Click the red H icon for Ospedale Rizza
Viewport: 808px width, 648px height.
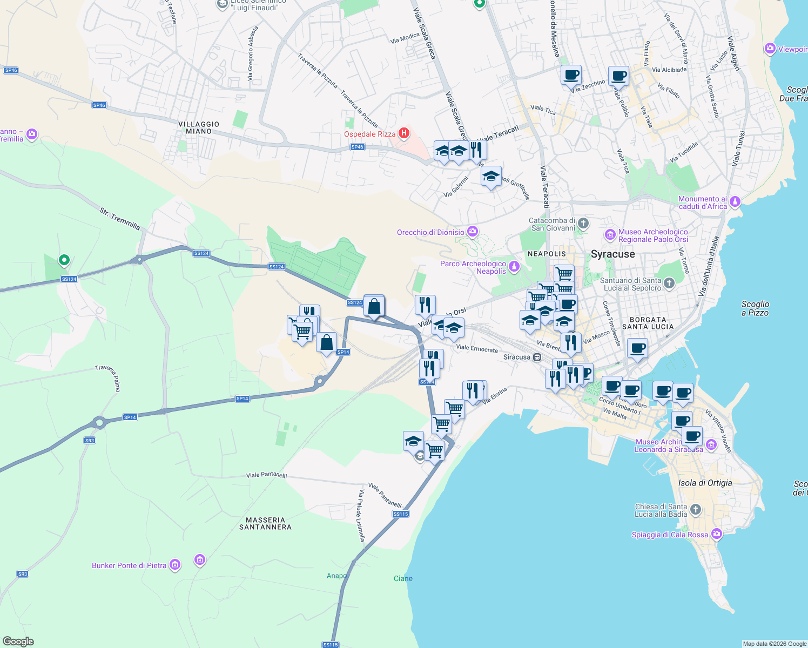pyautogui.click(x=403, y=133)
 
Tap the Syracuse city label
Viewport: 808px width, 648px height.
pyautogui.click(x=613, y=254)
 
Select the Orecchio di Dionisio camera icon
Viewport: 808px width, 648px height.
pyautogui.click(x=473, y=232)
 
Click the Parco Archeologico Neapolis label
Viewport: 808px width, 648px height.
pyautogui.click(x=473, y=268)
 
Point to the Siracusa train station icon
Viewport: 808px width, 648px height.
pyautogui.click(x=537, y=357)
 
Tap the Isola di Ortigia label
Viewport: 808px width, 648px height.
pyautogui.click(x=705, y=483)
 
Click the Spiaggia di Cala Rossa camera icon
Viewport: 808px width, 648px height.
pyautogui.click(x=717, y=534)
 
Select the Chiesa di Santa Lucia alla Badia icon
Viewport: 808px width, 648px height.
pyautogui.click(x=696, y=509)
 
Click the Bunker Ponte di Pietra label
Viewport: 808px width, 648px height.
pyautogui.click(x=129, y=565)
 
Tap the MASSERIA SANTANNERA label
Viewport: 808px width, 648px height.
pyautogui.click(x=265, y=523)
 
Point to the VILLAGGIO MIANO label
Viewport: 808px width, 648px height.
pyautogui.click(x=199, y=127)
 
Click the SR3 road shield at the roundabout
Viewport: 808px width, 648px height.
pyautogui.click(x=90, y=441)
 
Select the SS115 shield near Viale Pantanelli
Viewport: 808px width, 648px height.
pyautogui.click(x=401, y=514)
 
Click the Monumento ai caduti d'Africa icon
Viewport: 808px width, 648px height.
pyautogui.click(x=735, y=202)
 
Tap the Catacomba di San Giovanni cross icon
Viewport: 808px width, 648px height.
pyautogui.click(x=583, y=223)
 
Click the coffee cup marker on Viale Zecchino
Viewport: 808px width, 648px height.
pyautogui.click(x=571, y=76)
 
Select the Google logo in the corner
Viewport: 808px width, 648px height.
pyautogui.click(x=18, y=642)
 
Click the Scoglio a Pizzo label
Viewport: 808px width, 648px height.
pyautogui.click(x=755, y=308)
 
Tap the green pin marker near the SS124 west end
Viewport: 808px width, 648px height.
pyautogui.click(x=64, y=260)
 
